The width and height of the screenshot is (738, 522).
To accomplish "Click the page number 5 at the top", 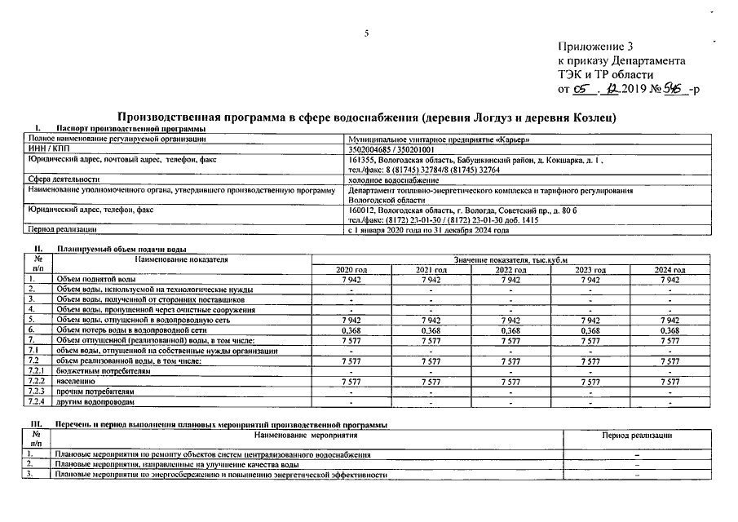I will (x=367, y=33).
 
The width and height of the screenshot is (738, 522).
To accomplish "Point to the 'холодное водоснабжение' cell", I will (x=393, y=179).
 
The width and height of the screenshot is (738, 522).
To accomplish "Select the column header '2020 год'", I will (x=351, y=269).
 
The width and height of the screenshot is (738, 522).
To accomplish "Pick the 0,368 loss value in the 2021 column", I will (x=431, y=330).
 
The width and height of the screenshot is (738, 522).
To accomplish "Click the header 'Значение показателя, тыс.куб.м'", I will (x=510, y=259).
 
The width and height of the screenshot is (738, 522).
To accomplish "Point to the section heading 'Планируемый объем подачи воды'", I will (x=122, y=248).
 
